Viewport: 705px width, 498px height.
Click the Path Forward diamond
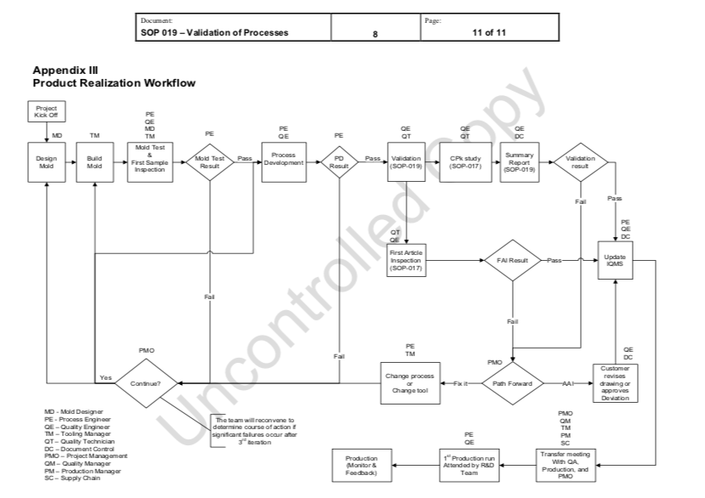coord(514,383)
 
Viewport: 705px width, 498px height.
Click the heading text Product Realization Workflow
coord(114,83)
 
